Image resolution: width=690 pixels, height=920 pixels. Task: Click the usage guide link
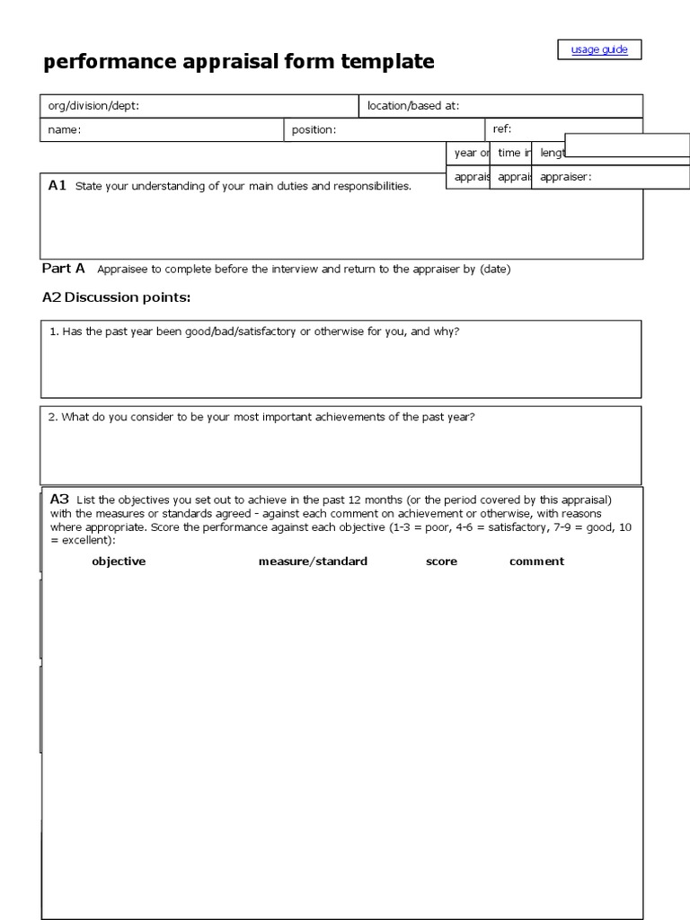point(599,49)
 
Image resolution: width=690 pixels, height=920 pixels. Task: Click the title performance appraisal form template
point(239,62)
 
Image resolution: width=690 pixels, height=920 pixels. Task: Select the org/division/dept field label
point(93,106)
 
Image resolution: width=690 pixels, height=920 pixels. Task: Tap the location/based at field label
point(413,106)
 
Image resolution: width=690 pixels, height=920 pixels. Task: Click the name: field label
point(65,129)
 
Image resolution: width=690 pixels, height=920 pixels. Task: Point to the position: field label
point(314,129)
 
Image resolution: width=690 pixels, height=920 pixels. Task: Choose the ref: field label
point(502,128)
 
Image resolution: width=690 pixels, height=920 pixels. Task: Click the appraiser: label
point(566,177)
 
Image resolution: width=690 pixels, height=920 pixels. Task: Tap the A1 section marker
point(57,185)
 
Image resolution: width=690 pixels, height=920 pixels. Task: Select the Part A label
point(64,268)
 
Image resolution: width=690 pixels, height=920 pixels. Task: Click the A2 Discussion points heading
point(117,297)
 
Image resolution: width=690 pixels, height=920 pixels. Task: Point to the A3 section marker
point(59,499)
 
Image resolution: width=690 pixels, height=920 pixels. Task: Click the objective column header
point(119,562)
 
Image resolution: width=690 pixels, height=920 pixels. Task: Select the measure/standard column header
point(313,562)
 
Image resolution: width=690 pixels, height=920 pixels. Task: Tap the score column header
point(441,562)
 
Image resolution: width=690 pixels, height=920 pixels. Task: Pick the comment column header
point(536,562)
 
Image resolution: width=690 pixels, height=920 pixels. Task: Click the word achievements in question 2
point(353,417)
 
